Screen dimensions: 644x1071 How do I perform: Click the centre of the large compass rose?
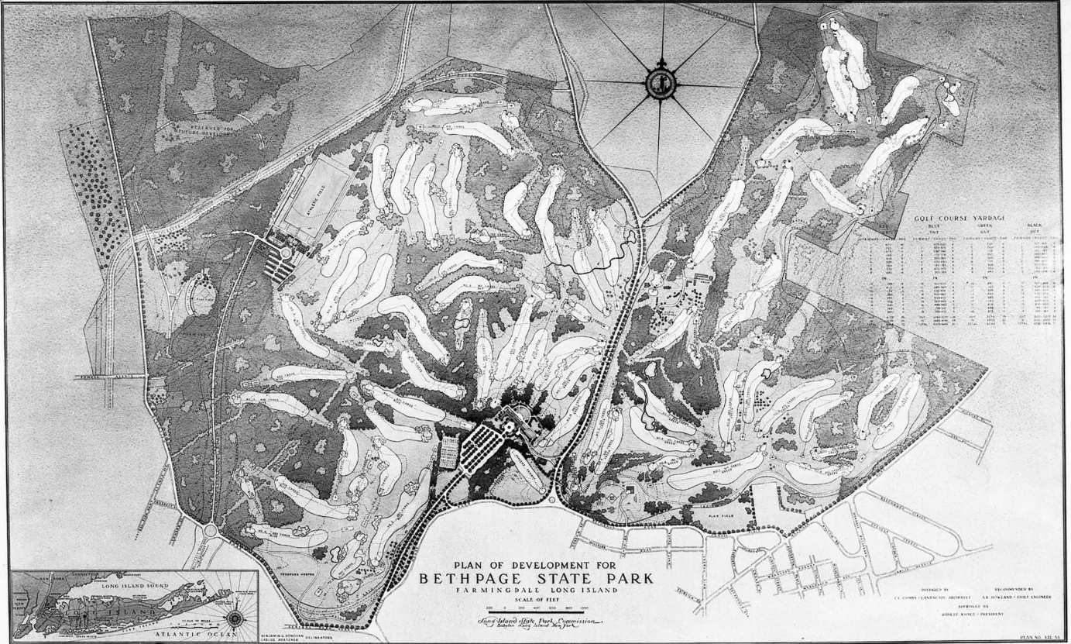pyautogui.click(x=661, y=84)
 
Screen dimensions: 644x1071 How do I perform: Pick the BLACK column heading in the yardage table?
pyautogui.click(x=1035, y=226)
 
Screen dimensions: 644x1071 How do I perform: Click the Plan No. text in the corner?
pyautogui.click(x=1039, y=637)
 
